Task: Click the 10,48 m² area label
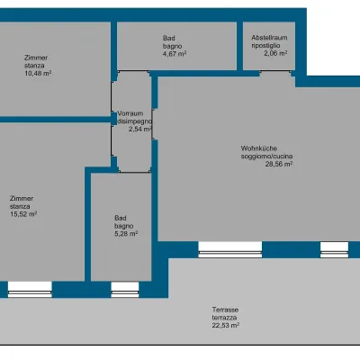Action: pyautogui.click(x=38, y=73)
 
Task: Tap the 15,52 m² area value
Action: pyautogui.click(x=23, y=214)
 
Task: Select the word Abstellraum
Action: pyautogui.click(x=269, y=38)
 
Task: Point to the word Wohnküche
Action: pyautogui.click(x=259, y=148)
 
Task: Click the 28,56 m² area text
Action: pyautogui.click(x=279, y=164)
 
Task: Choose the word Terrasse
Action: pyautogui.click(x=225, y=310)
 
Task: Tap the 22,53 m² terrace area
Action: pyautogui.click(x=226, y=325)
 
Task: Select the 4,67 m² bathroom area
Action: pyautogui.click(x=175, y=54)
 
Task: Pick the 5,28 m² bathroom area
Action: pyautogui.click(x=126, y=234)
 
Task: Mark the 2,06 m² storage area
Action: pyautogui.click(x=275, y=53)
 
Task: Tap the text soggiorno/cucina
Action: pyautogui.click(x=266, y=157)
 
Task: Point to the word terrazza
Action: pyautogui.click(x=225, y=318)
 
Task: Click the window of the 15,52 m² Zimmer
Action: pyautogui.click(x=30, y=290)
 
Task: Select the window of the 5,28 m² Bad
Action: pyautogui.click(x=125, y=290)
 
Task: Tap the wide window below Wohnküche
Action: pyautogui.click(x=230, y=249)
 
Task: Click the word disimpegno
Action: pyautogui.click(x=135, y=121)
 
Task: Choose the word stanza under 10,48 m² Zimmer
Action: pyautogui.click(x=34, y=66)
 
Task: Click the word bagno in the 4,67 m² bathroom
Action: pyautogui.click(x=173, y=46)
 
